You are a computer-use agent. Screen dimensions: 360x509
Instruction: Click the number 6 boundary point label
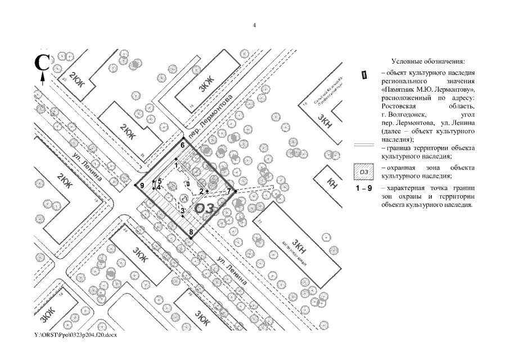click(x=183, y=145)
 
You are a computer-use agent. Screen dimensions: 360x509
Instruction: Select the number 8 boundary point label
click(x=191, y=232)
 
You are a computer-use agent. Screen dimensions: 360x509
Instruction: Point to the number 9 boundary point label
click(x=142, y=185)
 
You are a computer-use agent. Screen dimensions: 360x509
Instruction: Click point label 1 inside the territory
click(x=176, y=165)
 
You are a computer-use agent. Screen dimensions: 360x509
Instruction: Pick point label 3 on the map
click(x=182, y=211)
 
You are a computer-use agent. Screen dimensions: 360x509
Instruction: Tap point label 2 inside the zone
click(x=201, y=191)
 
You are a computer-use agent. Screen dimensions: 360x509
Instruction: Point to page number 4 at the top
click(x=254, y=25)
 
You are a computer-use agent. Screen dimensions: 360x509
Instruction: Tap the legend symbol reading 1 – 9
click(x=364, y=188)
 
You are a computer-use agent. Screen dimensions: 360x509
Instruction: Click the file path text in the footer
click(x=75, y=335)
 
